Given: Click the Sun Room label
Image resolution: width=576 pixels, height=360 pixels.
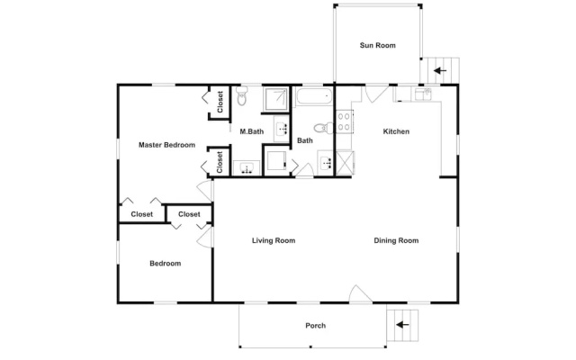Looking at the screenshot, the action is pyautogui.click(x=378, y=46).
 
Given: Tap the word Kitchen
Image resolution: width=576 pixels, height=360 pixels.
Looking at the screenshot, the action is pyautogui.click(x=396, y=131).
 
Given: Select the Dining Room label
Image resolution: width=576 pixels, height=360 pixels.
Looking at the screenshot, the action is pyautogui.click(x=396, y=240).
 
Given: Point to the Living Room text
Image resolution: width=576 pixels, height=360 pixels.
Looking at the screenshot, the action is pyautogui.click(x=274, y=240).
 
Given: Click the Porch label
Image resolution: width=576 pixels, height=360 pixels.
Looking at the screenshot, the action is pyautogui.click(x=316, y=326).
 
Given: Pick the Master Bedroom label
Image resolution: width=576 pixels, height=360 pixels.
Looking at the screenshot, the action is pyautogui.click(x=166, y=145).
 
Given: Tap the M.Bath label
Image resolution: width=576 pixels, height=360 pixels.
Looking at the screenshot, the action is pyautogui.click(x=252, y=131).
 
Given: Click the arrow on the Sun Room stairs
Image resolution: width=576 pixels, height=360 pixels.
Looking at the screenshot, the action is pyautogui.click(x=440, y=70).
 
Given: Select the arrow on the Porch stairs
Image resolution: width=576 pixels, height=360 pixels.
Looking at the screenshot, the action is pyautogui.click(x=402, y=325).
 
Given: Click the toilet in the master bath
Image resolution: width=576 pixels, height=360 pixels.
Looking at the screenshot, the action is pyautogui.click(x=242, y=95).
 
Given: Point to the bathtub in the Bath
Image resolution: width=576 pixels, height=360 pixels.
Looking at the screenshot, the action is pyautogui.click(x=314, y=96).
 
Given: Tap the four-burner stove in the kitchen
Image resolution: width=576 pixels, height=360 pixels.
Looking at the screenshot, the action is pyautogui.click(x=344, y=122).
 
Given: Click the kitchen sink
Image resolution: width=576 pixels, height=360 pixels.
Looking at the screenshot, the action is pyautogui.click(x=424, y=94).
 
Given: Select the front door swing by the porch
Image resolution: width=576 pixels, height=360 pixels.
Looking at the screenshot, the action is pyautogui.click(x=360, y=294).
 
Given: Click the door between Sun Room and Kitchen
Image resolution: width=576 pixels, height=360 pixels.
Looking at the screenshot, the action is pyautogui.click(x=376, y=94).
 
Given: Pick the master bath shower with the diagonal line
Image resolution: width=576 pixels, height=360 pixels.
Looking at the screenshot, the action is pyautogui.click(x=276, y=99).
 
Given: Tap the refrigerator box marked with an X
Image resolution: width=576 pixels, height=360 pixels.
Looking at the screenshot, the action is pyautogui.click(x=346, y=162).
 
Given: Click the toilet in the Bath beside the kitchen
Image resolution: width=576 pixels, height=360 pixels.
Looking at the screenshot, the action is pyautogui.click(x=323, y=128).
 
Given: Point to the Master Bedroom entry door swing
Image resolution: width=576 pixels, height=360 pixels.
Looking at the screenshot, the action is pyautogui.click(x=205, y=191).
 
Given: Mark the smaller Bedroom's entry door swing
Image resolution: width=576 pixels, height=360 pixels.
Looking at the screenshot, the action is pyautogui.click(x=205, y=236).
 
